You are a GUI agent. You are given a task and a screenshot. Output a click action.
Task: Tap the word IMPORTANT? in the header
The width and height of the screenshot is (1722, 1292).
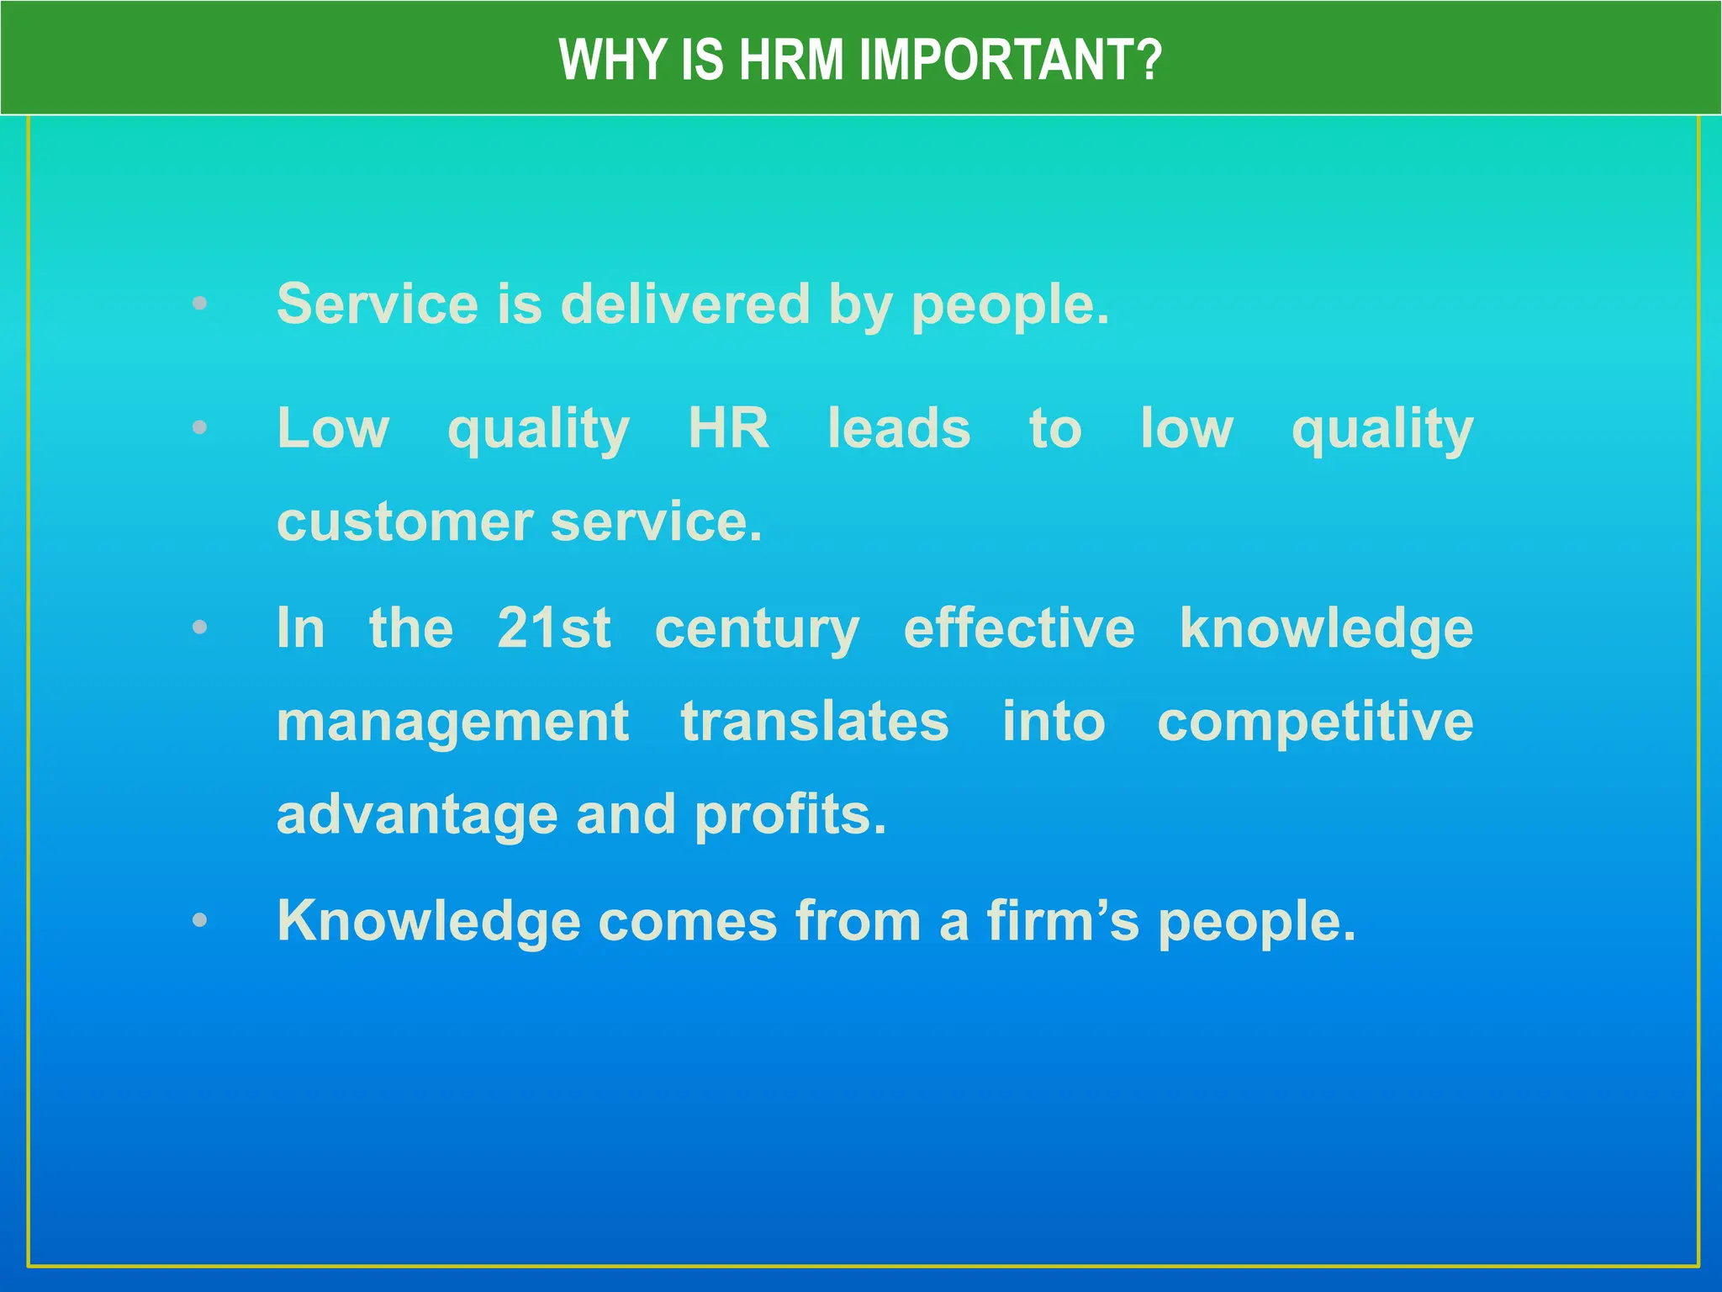pos(1010,60)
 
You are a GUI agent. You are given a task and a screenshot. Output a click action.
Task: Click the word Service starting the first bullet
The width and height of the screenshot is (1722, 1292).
pos(378,304)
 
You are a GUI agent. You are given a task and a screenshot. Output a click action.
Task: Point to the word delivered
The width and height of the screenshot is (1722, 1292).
pos(685,304)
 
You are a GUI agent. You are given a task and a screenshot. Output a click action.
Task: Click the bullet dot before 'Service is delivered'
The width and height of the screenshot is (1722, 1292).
pos(199,304)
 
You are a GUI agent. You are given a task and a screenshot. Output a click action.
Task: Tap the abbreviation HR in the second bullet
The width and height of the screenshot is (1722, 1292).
pos(728,428)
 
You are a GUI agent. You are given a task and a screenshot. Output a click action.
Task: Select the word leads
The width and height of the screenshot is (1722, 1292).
pos(899,428)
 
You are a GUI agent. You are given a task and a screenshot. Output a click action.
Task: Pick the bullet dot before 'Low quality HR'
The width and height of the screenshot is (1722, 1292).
pos(199,428)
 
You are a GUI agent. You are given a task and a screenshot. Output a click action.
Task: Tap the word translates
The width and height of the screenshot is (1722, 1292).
pos(815,721)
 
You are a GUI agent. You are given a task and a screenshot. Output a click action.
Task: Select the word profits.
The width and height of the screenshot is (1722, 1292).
pos(790,816)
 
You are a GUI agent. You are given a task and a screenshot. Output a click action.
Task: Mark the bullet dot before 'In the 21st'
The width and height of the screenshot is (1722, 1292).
pos(199,627)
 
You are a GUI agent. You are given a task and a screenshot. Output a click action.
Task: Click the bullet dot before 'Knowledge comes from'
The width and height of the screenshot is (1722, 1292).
pos(199,920)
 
